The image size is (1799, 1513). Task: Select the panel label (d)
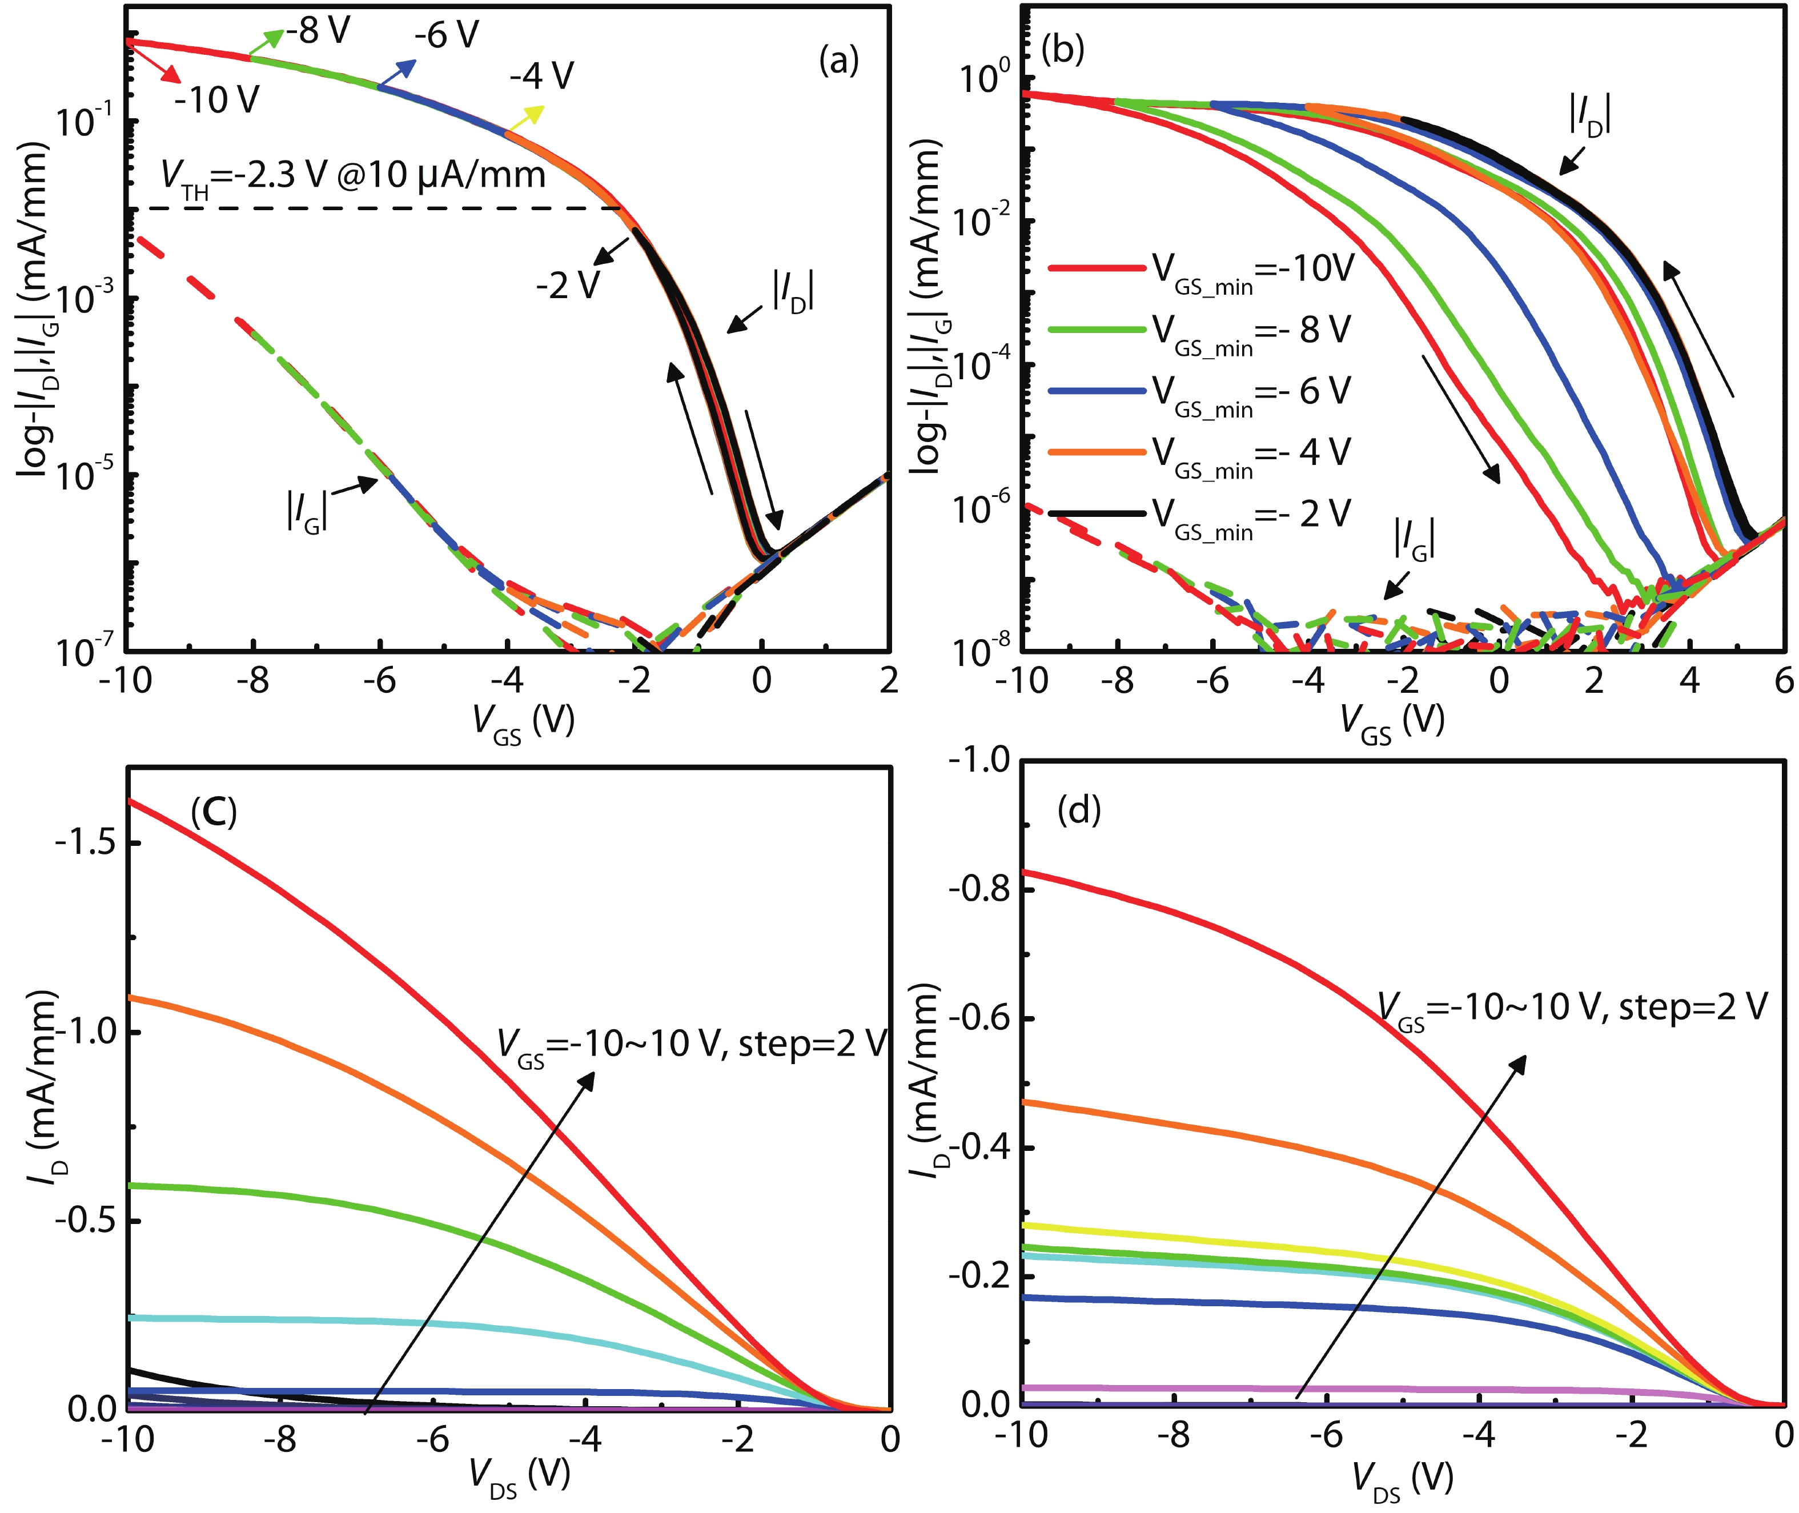[1079, 809]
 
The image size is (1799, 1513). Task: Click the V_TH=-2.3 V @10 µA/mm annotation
[352, 178]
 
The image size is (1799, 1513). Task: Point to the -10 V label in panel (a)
[216, 101]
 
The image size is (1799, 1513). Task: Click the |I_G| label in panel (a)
[306, 511]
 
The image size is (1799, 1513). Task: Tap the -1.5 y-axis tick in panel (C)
[90, 842]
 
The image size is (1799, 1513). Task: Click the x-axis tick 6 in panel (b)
[1784, 680]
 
